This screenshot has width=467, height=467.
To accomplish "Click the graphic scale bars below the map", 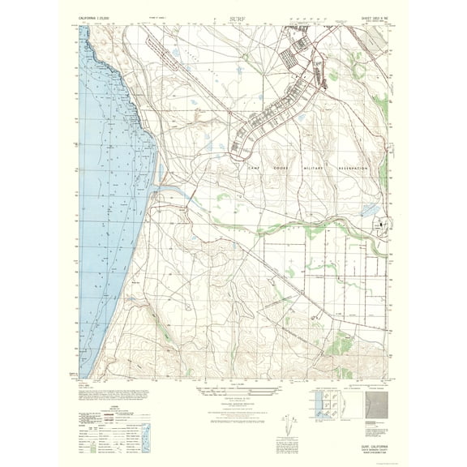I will pos(233,395).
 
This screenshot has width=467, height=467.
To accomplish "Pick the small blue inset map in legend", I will pos(144,432).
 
